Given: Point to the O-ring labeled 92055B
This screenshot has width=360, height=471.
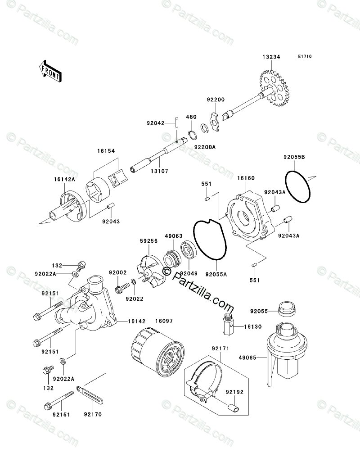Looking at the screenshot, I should coord(298,187).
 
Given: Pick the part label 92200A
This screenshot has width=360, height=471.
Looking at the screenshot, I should coord(205,146).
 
